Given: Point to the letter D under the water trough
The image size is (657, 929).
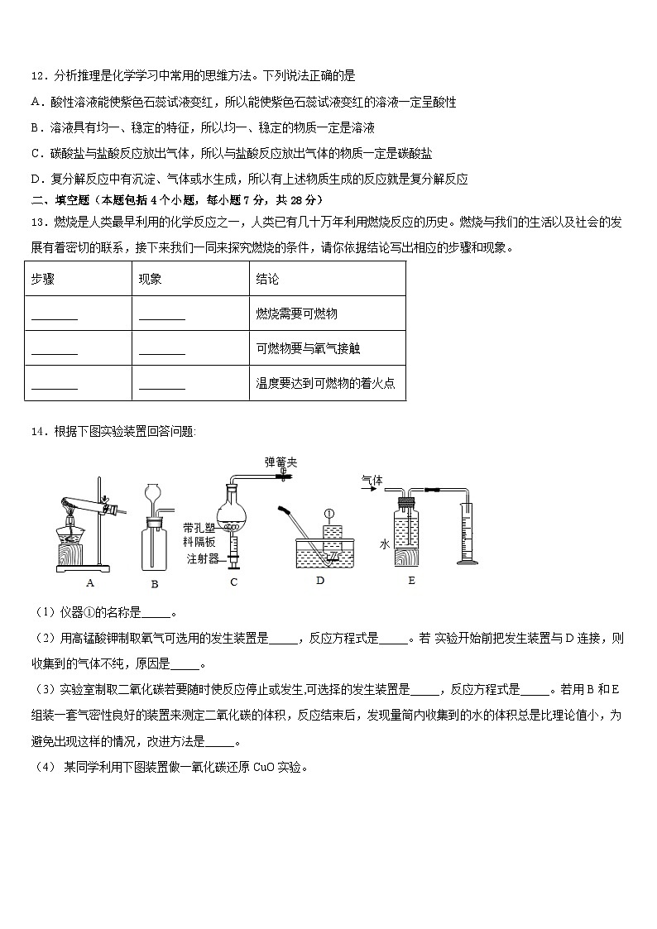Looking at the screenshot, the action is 320,581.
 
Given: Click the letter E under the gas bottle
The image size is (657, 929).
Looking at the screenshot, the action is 411,581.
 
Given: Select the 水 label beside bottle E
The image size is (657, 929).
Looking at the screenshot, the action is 385,544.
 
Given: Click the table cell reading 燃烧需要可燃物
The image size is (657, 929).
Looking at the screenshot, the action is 297,314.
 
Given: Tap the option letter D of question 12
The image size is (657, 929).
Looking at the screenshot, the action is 36,179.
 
